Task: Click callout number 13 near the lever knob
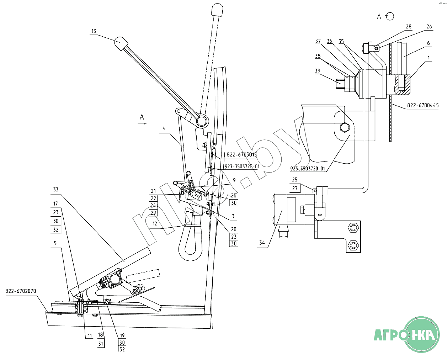click(x=94, y=31)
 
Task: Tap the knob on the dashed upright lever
click(x=217, y=9)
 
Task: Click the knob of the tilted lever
click(x=121, y=44)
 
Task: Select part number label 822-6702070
click(x=21, y=291)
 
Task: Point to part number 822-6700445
click(x=423, y=105)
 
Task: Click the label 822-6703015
click(x=241, y=155)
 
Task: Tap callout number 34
click(x=262, y=243)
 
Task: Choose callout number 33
click(x=56, y=190)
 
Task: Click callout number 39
click(x=318, y=71)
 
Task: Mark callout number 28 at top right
click(x=409, y=27)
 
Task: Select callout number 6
click(x=428, y=43)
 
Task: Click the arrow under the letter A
click(x=142, y=124)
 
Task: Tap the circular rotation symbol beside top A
click(x=390, y=16)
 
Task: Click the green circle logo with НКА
click(x=422, y=334)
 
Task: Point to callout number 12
click(x=155, y=224)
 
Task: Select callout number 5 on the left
click(x=55, y=243)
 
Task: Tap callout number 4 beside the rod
click(x=164, y=128)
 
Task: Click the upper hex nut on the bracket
click(x=353, y=228)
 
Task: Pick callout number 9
click(x=234, y=180)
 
